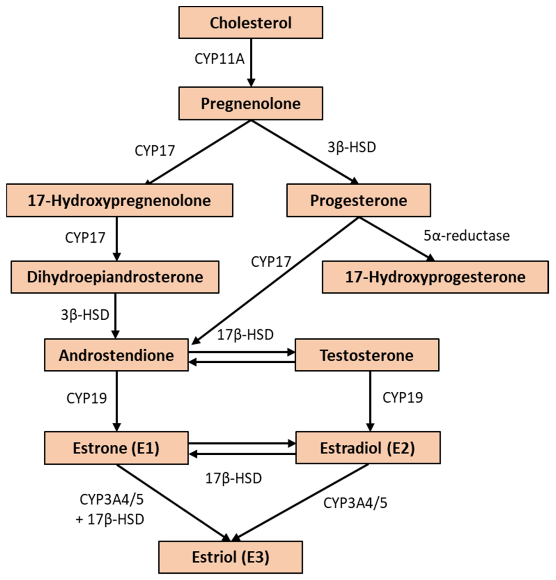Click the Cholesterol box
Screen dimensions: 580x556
[250, 23]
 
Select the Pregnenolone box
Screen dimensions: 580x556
[250, 103]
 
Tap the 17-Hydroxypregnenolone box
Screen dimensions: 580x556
[120, 200]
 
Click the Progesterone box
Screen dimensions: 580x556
[358, 200]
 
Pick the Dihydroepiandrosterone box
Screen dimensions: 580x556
[115, 277]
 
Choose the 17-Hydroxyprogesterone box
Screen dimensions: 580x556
[435, 277]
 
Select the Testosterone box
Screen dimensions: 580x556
[367, 355]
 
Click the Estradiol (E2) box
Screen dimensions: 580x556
[368, 447]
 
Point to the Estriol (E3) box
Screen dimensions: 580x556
[230, 557]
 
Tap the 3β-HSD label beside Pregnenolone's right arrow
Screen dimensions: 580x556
[351, 147]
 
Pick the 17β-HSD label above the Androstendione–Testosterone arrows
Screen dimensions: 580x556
[245, 335]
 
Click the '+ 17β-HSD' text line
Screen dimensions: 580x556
[110, 519]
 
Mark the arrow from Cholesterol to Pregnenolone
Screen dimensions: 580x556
[251, 62]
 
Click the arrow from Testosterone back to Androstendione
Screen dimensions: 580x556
[242, 362]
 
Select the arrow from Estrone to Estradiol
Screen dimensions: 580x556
[242, 443]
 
